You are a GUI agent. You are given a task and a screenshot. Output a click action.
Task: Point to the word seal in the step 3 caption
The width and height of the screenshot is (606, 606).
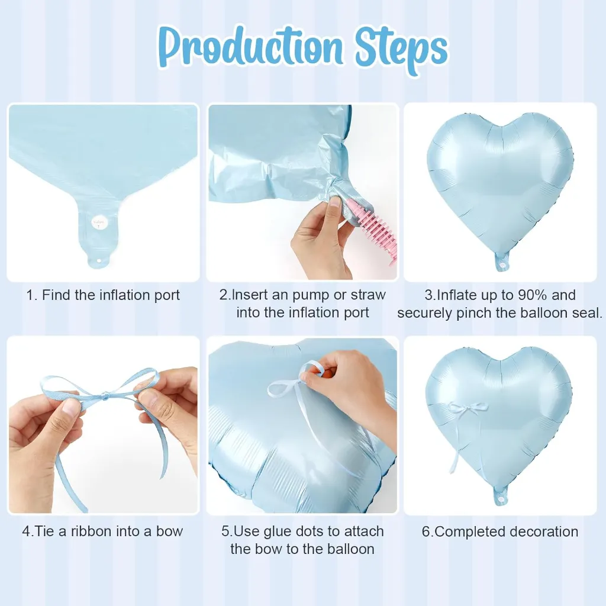(x=587, y=312)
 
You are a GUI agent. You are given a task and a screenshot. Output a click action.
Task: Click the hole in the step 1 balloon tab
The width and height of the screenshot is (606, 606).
(x=98, y=261)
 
